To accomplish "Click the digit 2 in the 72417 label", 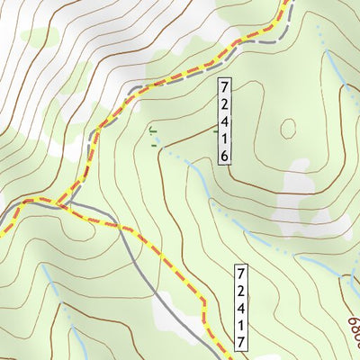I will pyautogui.click(x=240, y=290).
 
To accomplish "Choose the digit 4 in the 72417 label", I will pyautogui.click(x=240, y=307).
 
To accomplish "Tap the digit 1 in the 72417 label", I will pyautogui.click(x=240, y=324).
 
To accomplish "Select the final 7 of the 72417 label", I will pyautogui.click(x=240, y=341).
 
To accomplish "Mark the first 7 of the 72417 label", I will pyautogui.click(x=240, y=273).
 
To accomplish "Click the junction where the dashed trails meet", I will pyautogui.click(x=61, y=203).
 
